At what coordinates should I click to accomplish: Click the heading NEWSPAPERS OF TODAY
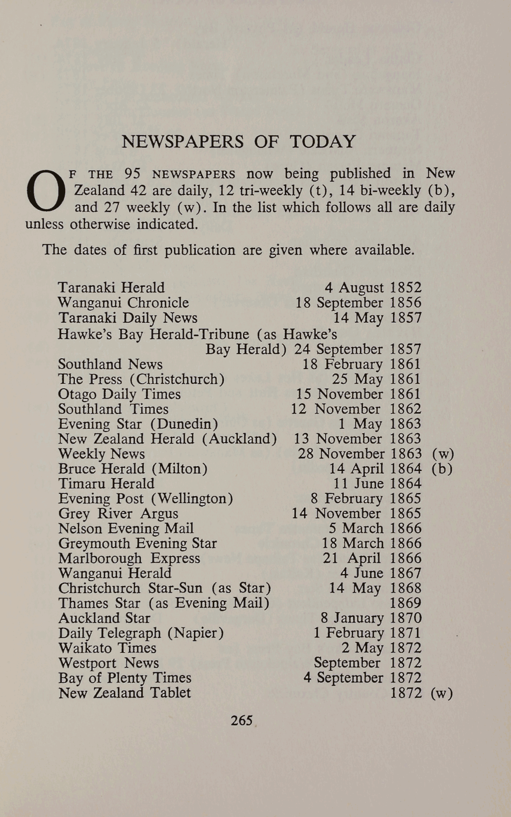click(239, 141)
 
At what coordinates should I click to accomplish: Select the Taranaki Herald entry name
click(111, 288)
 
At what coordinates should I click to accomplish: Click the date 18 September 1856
click(358, 303)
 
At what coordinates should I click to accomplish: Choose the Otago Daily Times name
click(119, 394)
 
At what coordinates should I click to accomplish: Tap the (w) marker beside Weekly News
click(443, 454)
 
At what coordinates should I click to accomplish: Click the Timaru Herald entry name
click(106, 484)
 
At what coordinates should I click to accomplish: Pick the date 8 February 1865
click(366, 498)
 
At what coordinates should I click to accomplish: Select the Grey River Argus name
click(118, 514)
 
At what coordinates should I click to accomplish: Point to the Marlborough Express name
click(129, 559)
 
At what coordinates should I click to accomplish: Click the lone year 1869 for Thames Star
click(405, 603)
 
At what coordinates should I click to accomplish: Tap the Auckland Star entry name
click(104, 618)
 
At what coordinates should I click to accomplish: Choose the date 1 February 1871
click(367, 633)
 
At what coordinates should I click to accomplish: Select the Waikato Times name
click(107, 648)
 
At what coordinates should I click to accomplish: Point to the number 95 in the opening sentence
click(132, 174)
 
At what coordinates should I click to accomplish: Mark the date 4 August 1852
click(373, 288)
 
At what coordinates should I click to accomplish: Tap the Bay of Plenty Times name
click(125, 678)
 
